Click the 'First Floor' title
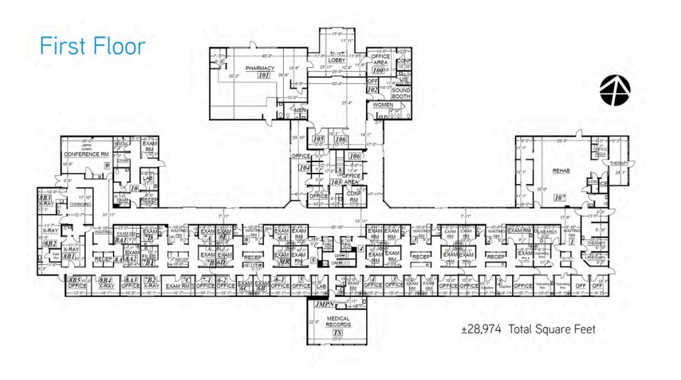(92, 46)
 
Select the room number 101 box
(263, 75)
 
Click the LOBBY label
(336, 61)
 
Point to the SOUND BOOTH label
(401, 93)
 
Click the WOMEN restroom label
(383, 105)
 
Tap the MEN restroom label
(300, 110)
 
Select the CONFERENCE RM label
(87, 154)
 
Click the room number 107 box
(560, 197)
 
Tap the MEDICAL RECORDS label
(338, 322)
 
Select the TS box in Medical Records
(338, 332)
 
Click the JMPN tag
(324, 304)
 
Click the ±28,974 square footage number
(482, 329)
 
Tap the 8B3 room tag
(46, 198)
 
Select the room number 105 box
(318, 139)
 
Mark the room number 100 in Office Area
(378, 70)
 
